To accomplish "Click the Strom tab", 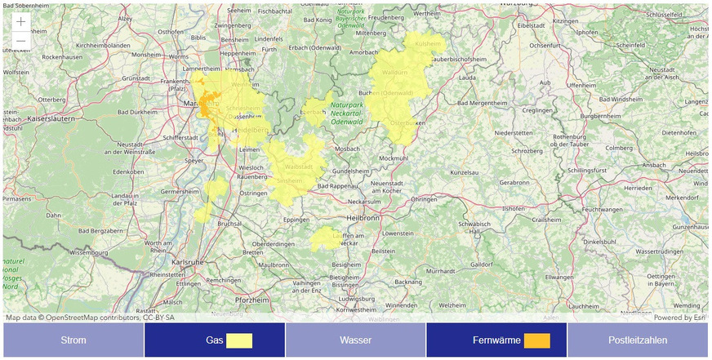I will [73, 340].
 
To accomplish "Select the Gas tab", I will [214, 340].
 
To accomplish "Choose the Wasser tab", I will [355, 340].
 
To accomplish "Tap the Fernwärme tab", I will [496, 340].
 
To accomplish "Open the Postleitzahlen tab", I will [638, 340].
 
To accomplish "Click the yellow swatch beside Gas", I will [239, 340].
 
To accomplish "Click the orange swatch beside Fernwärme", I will [536, 340].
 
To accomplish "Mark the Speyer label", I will [195, 161].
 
